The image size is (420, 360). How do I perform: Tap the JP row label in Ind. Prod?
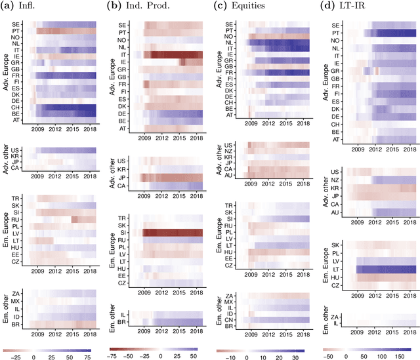(122, 177)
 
